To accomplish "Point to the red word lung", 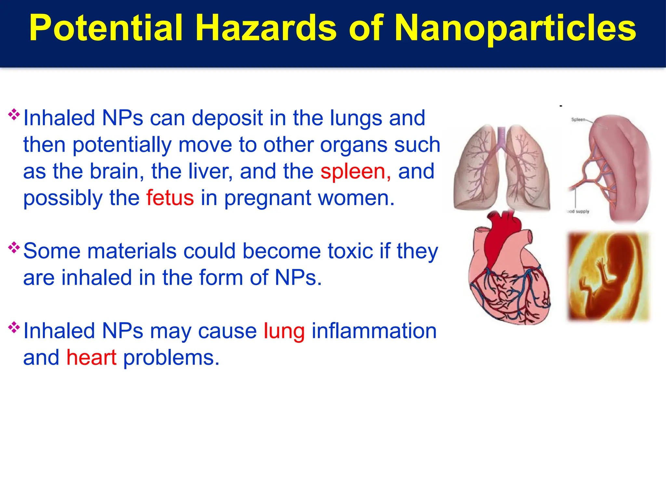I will click(284, 331).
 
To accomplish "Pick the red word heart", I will click(91, 358).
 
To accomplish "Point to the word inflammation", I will click(374, 331).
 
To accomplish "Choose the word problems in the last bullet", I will click(171, 358).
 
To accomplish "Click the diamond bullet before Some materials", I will click(14, 248).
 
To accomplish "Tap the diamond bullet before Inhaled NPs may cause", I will click(14, 327).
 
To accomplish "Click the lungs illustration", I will click(501, 167).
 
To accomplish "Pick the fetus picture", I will click(608, 276).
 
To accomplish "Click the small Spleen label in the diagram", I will click(578, 120).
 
